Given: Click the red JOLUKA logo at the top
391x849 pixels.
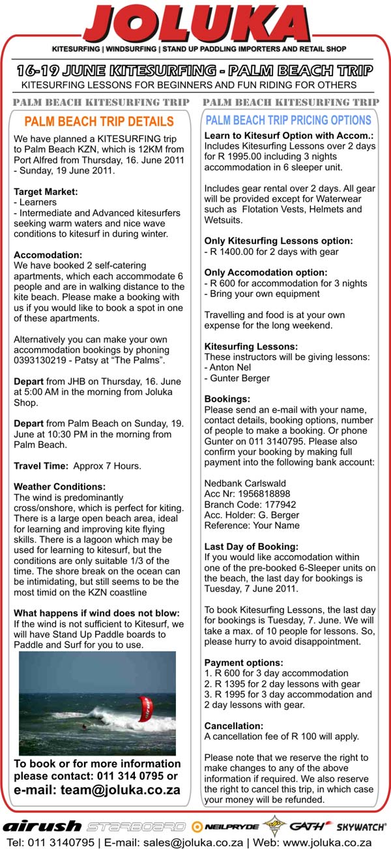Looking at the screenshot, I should tap(195, 25).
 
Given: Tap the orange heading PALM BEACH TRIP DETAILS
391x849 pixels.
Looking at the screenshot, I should tap(99, 122).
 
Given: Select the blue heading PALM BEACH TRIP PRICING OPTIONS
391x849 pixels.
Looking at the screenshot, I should tap(288, 121).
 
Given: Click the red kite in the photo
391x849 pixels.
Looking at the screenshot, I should tap(145, 708).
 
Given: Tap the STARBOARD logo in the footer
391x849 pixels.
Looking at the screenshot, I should tap(136, 826).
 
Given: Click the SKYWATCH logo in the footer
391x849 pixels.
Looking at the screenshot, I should tap(361, 827).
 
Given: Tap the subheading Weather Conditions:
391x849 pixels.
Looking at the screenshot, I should tap(59, 486).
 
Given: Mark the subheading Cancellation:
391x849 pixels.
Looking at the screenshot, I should tap(234, 726).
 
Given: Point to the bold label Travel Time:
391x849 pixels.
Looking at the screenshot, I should tap(41, 466).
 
